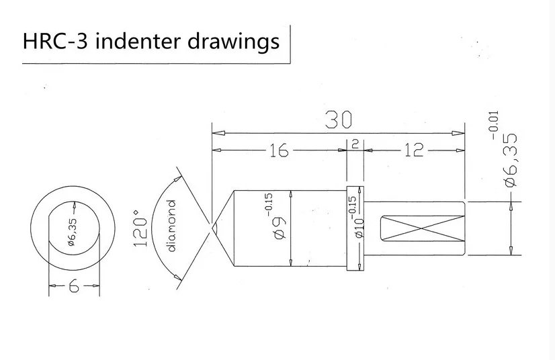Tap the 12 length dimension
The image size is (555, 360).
[415, 151]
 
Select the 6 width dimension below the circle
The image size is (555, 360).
[73, 287]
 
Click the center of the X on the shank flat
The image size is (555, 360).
[421, 228]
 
